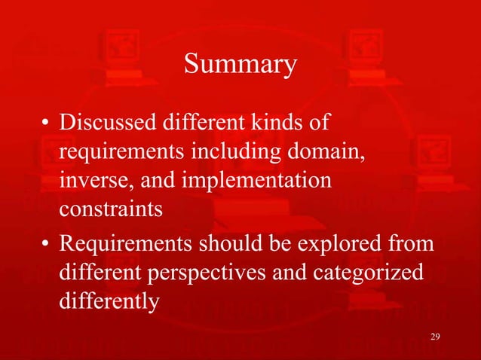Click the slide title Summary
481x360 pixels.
[240, 66]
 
